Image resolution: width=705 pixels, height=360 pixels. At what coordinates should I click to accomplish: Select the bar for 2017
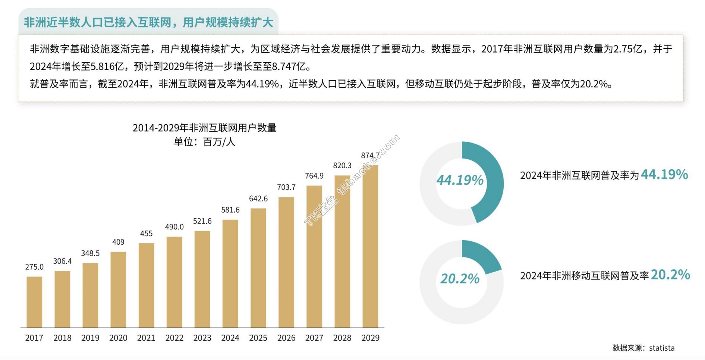point(34,302)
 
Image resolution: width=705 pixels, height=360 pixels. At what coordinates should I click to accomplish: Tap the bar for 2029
point(370,246)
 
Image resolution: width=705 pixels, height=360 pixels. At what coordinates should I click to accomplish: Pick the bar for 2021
point(146,285)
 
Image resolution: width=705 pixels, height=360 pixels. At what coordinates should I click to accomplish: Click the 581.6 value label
point(230,210)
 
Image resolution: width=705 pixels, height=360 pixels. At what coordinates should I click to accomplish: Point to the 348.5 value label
point(90,253)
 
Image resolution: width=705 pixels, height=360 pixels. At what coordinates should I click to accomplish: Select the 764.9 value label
point(314,176)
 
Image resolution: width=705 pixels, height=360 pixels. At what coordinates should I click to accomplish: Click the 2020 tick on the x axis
point(118,338)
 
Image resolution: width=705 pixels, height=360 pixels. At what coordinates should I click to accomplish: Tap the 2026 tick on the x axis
point(286,338)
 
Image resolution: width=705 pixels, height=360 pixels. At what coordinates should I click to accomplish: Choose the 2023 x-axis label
point(202,338)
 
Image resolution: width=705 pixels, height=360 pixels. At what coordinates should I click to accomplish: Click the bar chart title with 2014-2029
point(204,128)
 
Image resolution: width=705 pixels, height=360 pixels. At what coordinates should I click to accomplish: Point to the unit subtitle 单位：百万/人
point(204,142)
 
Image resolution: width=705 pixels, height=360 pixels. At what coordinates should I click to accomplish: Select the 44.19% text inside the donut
point(460,180)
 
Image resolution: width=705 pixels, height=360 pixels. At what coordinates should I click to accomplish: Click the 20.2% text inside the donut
point(460,279)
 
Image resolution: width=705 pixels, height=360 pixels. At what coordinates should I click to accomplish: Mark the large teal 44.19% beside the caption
point(664,174)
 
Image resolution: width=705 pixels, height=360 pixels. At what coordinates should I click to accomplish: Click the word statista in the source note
point(662,348)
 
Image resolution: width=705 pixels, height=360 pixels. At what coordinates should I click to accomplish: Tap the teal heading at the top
point(148,22)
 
